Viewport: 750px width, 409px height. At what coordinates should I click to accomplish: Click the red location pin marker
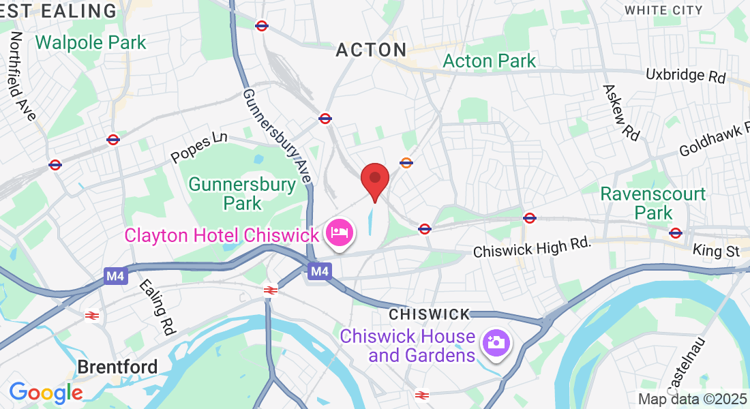click(374, 179)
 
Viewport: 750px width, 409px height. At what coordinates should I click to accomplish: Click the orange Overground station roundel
click(406, 163)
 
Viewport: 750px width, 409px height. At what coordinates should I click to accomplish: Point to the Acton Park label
click(490, 61)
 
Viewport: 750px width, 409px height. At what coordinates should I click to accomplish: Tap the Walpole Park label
click(91, 42)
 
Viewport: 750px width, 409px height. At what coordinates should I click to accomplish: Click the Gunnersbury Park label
click(242, 194)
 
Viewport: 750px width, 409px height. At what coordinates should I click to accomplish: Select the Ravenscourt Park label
click(652, 203)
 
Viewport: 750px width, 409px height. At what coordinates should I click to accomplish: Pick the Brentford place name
click(117, 367)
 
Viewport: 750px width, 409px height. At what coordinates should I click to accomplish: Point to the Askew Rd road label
click(621, 113)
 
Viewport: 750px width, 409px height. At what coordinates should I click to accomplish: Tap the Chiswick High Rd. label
click(532, 250)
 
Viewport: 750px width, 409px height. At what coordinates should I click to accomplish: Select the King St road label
click(716, 251)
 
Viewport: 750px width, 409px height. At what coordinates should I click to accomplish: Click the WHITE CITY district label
click(663, 10)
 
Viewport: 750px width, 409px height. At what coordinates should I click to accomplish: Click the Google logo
click(46, 393)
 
